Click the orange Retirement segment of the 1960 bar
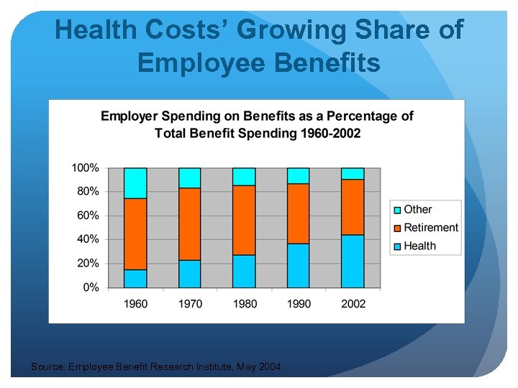click(x=135, y=234)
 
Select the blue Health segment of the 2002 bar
click(x=353, y=262)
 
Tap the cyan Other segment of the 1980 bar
click(x=245, y=176)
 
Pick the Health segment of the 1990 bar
click(x=299, y=266)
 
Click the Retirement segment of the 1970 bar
click(x=190, y=223)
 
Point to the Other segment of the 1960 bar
click(x=135, y=183)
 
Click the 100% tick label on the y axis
click(x=85, y=168)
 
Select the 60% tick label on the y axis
click(x=88, y=216)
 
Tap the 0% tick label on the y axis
click(x=91, y=287)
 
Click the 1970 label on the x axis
click(x=190, y=304)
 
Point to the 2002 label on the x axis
click(x=353, y=304)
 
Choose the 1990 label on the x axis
click(x=299, y=304)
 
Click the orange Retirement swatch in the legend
click(x=396, y=228)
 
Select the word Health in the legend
click(x=419, y=246)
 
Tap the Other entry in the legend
click(x=417, y=209)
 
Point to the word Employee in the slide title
click(x=195, y=63)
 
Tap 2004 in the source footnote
click(x=269, y=368)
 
